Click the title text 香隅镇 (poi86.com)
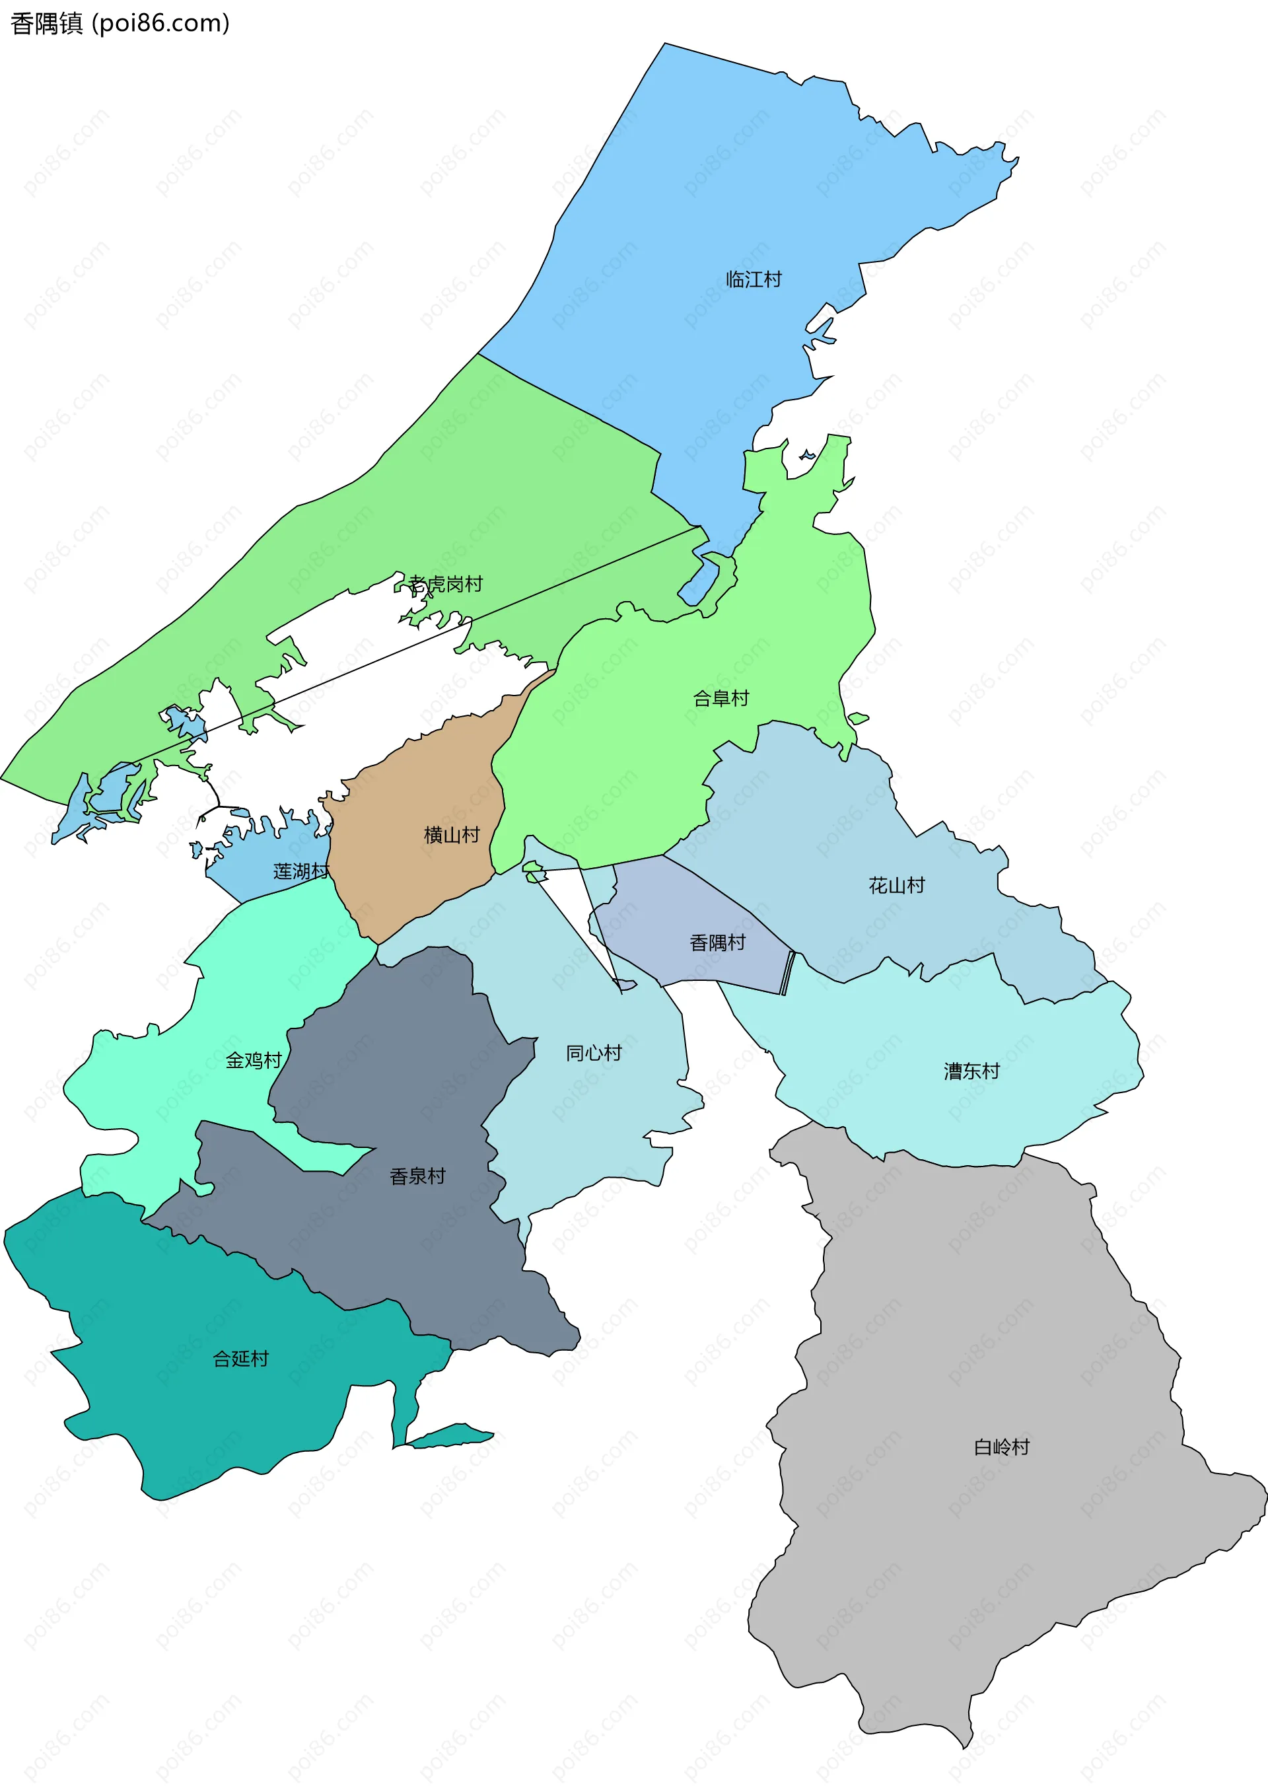click(x=120, y=23)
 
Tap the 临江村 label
click(x=754, y=279)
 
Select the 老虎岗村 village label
click(x=446, y=584)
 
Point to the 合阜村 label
click(x=721, y=698)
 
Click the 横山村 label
click(x=451, y=835)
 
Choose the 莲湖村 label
click(x=300, y=871)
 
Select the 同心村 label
click(x=594, y=1053)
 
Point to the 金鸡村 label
click(x=253, y=1059)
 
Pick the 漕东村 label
click(x=971, y=1071)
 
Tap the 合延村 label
click(x=240, y=1359)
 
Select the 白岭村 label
click(x=1001, y=1447)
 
